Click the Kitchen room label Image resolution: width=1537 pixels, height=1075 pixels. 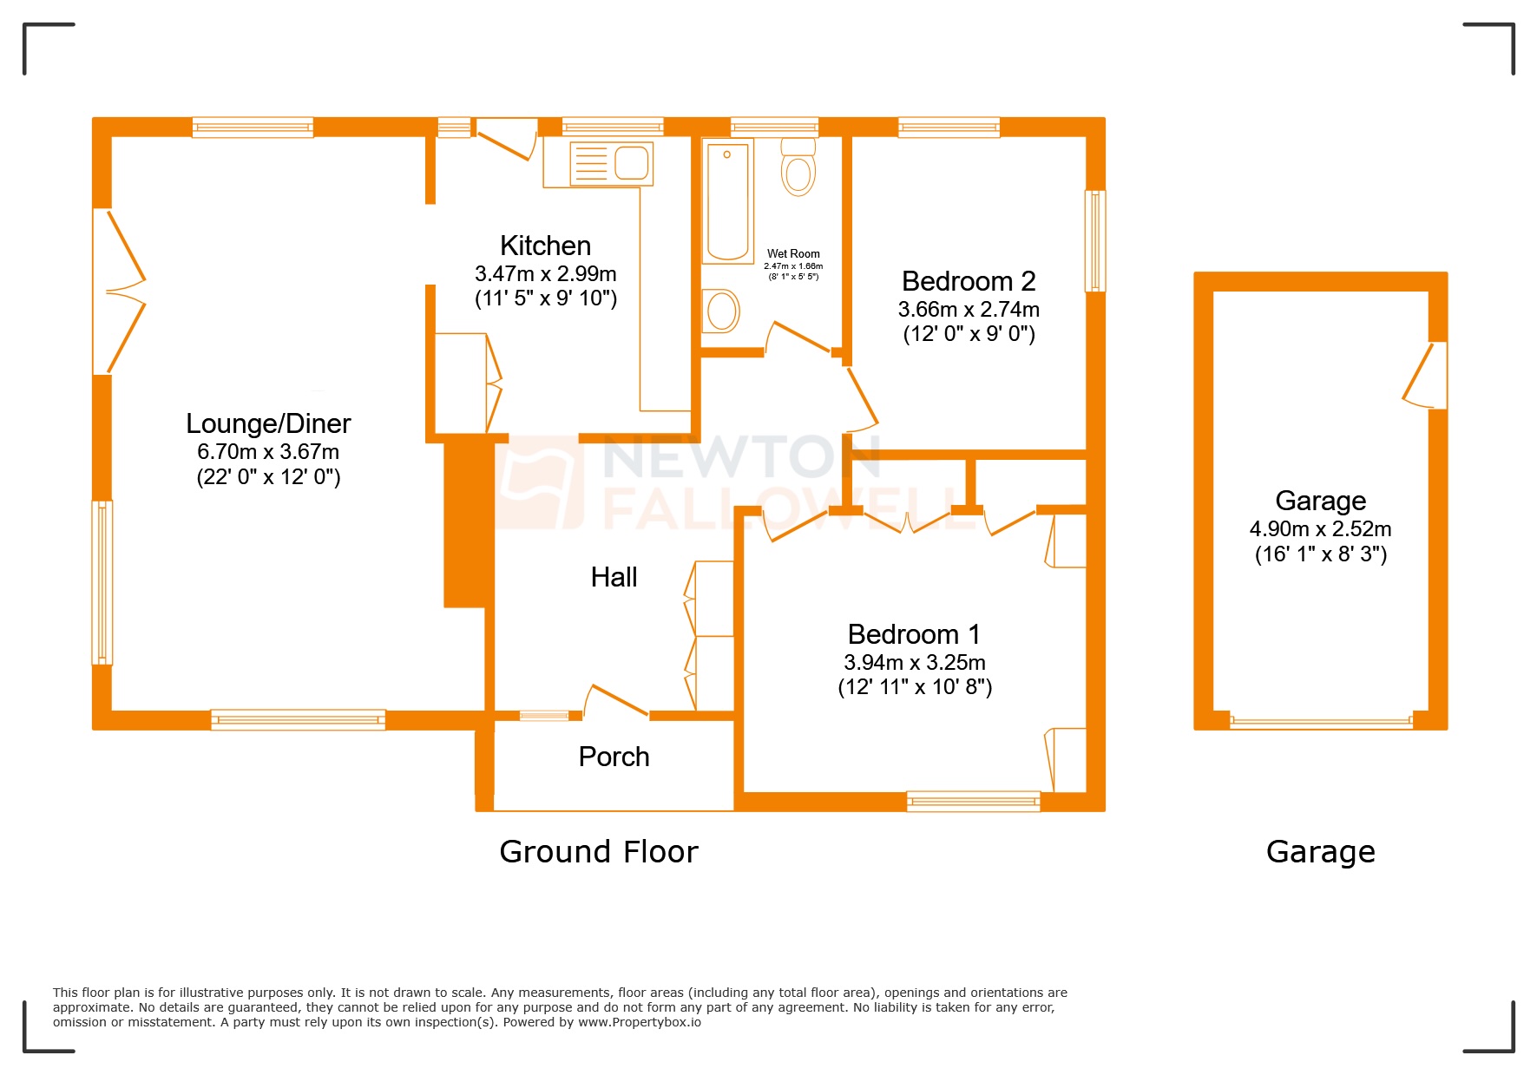(x=545, y=246)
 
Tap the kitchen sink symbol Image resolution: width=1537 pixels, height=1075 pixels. (x=611, y=163)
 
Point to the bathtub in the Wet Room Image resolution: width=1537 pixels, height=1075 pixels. (x=727, y=201)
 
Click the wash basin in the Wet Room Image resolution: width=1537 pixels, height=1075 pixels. (x=721, y=311)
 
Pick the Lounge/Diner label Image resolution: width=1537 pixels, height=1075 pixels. (x=268, y=423)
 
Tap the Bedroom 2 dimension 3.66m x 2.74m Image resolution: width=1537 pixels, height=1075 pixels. (x=969, y=310)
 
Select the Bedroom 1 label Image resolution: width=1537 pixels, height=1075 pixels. (x=914, y=634)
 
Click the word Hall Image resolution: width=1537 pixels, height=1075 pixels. (x=614, y=577)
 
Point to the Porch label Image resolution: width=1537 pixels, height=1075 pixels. (x=614, y=757)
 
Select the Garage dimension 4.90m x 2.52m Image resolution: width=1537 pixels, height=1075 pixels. (x=1320, y=529)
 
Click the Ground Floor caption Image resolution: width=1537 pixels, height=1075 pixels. (x=598, y=852)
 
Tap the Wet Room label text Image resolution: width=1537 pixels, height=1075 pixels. (x=793, y=254)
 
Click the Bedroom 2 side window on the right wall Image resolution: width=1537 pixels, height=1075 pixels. (x=1095, y=241)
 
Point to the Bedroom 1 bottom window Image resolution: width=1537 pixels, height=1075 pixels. (x=973, y=801)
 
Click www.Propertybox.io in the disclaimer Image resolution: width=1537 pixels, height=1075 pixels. (x=640, y=1022)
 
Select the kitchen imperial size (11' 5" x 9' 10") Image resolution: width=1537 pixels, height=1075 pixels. (x=545, y=298)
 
